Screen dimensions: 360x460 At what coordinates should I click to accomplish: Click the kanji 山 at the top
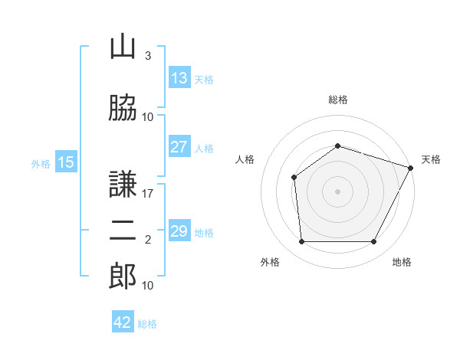tap(123, 47)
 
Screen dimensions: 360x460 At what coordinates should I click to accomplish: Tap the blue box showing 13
tap(179, 78)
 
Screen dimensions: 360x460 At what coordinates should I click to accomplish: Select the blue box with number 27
tap(179, 147)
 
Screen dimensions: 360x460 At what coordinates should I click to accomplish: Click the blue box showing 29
tap(179, 231)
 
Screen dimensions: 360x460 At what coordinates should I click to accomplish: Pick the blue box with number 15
tap(65, 162)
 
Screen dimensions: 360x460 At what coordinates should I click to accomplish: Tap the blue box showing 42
tap(123, 322)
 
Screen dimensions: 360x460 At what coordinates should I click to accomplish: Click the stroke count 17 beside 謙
tap(148, 194)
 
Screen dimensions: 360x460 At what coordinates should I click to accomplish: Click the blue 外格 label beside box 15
tap(41, 163)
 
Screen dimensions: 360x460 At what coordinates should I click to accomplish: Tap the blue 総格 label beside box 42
tap(147, 324)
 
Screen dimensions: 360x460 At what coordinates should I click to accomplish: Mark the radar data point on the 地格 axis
tap(373, 242)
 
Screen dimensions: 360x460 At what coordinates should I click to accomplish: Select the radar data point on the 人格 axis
tap(294, 178)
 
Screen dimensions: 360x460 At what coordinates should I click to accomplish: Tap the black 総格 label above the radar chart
tap(337, 100)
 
